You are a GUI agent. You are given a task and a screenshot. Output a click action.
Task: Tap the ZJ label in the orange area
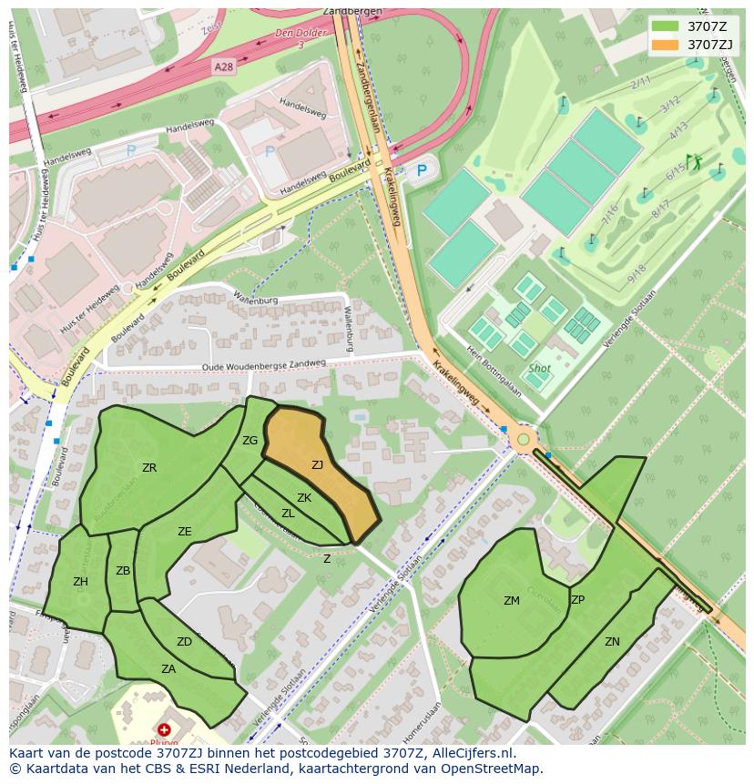coord(317,465)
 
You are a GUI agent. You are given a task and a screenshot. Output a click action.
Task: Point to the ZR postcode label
coord(149,468)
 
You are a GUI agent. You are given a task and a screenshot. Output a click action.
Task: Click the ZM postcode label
coord(512,600)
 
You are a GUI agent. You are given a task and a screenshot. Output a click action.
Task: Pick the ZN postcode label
coord(612,642)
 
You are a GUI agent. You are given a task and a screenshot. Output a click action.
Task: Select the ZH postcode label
coord(80,582)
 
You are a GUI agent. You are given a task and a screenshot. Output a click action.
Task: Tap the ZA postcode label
coord(168,668)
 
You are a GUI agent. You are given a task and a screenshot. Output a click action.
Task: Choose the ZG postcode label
coord(250,441)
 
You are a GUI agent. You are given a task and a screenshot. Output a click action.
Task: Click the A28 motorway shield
coord(224,67)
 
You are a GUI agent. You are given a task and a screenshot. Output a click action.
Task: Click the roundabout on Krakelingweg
coord(523,441)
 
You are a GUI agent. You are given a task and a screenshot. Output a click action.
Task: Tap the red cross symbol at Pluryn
coord(164,729)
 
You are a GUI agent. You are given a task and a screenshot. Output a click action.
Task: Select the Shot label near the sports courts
coord(539,369)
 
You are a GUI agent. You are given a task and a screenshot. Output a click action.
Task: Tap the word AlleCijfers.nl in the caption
coord(463,753)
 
